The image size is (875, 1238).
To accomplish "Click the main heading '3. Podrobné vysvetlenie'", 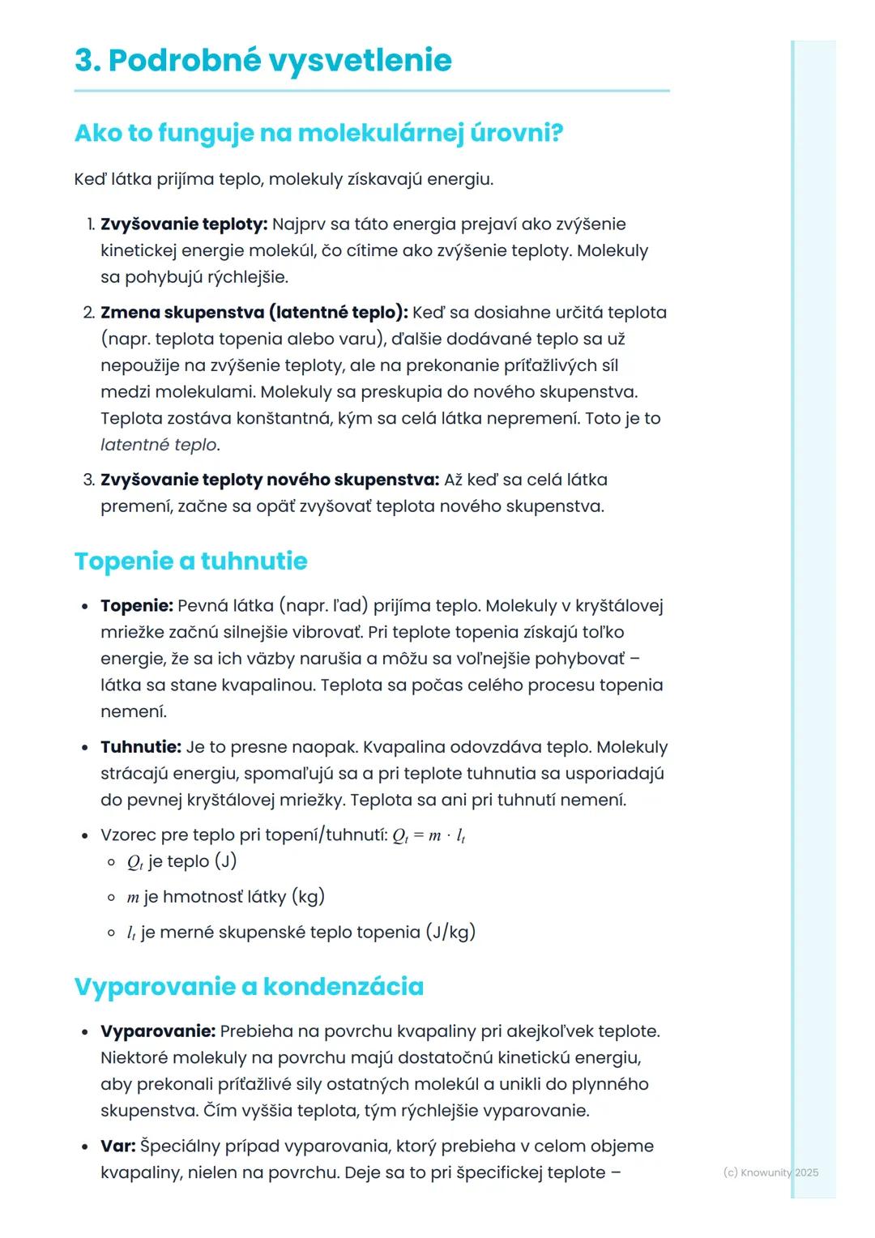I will [x=262, y=61].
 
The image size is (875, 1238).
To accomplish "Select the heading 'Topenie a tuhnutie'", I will [x=190, y=561].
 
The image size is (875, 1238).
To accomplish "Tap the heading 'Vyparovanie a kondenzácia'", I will [x=249, y=986].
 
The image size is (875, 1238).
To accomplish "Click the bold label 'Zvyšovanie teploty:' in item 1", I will [x=184, y=224].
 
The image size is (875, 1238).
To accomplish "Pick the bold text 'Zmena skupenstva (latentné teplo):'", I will [x=254, y=313].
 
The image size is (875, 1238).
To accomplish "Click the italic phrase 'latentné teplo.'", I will [x=160, y=445].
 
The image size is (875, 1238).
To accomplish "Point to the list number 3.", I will [x=88, y=480].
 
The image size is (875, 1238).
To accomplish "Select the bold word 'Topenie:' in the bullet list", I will [x=137, y=606].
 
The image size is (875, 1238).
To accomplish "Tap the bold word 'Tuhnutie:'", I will [x=140, y=747].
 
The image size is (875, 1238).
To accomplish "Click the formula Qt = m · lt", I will [x=429, y=836].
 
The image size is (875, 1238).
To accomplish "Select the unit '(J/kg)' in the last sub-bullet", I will [x=450, y=933].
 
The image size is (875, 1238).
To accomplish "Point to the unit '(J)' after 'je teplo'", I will [x=225, y=861].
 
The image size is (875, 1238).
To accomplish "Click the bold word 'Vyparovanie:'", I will [x=158, y=1031].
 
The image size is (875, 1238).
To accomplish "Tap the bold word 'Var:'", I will [x=118, y=1146].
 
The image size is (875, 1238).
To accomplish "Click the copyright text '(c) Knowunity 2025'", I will [x=770, y=1172].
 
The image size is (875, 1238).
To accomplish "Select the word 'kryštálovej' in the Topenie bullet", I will [x=619, y=606].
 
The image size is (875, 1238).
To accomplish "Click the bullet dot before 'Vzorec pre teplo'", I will [x=84, y=836].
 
